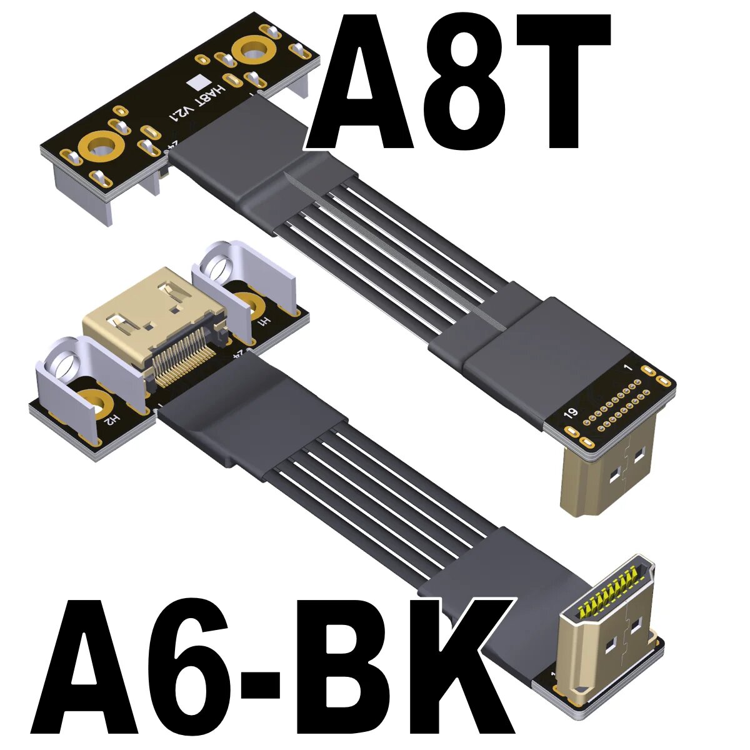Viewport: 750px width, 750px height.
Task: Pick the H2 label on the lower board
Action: coord(111,419)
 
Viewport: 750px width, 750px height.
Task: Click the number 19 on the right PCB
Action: coord(569,413)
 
